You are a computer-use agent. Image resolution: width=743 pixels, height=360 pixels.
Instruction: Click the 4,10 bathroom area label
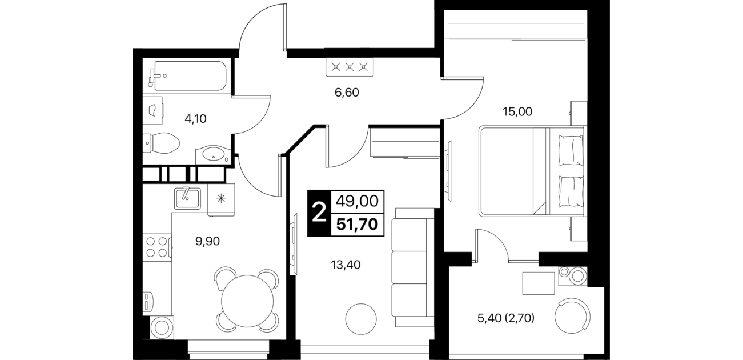[195, 118]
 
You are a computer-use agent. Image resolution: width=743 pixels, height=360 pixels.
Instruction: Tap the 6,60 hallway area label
[347, 92]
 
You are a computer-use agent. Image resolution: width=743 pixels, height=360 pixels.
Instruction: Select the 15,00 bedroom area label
[517, 111]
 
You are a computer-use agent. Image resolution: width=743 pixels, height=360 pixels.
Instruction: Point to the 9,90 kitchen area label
[208, 241]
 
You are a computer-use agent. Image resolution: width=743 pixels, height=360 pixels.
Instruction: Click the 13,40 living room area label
[346, 265]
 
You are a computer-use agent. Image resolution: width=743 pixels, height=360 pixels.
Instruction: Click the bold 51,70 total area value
[357, 225]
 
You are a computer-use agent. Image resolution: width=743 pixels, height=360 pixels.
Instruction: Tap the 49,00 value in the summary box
[358, 201]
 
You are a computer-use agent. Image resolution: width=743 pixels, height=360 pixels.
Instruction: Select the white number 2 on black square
[319, 213]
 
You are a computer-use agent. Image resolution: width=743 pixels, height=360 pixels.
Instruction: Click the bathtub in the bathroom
[188, 75]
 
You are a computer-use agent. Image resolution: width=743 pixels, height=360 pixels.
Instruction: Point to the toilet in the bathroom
[161, 143]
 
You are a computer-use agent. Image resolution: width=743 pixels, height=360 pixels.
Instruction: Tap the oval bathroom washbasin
[213, 155]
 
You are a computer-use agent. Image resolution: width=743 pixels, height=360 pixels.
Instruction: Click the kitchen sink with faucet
[187, 198]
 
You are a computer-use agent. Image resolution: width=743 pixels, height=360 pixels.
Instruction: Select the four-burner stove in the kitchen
[157, 246]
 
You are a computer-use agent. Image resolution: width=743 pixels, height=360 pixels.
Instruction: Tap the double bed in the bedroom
[531, 171]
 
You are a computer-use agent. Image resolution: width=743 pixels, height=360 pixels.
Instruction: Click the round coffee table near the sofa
[361, 319]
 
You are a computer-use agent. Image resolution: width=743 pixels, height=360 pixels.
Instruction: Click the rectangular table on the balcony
[539, 283]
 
